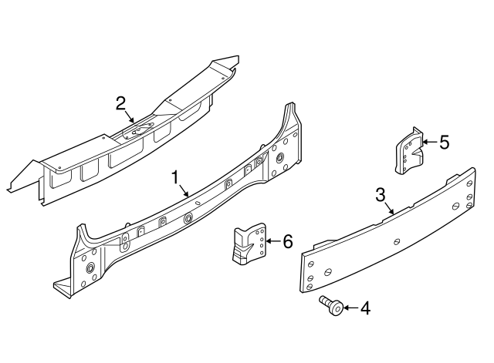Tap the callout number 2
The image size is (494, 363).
tap(120, 103)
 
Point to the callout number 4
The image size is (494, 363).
tap(365, 308)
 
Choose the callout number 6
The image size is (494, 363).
tap(288, 242)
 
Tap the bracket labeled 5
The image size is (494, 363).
tap(410, 152)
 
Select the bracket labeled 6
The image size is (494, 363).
tap(249, 245)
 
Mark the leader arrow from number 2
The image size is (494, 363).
tap(129, 115)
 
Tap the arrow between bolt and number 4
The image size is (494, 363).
tap(349, 308)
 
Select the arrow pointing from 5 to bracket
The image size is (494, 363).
tap(428, 143)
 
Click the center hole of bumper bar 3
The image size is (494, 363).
tap(396, 240)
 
